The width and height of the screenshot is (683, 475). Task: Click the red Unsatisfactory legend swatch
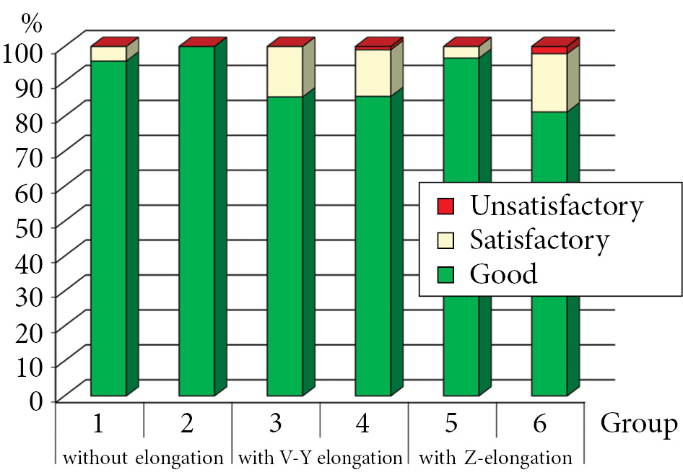coord(445,206)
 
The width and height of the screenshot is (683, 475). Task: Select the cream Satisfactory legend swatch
coord(445,240)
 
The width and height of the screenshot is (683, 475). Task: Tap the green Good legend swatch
coord(445,274)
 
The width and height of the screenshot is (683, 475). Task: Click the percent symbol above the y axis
coord(32,22)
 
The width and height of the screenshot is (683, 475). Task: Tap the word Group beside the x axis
coord(639,424)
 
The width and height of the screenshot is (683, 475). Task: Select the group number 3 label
coord(274,424)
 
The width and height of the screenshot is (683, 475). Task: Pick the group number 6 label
coord(539,424)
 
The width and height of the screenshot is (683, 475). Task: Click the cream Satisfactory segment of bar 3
coord(285,71)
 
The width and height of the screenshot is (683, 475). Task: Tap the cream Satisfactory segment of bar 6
coord(549,82)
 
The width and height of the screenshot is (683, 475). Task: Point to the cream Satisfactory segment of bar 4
coord(373,73)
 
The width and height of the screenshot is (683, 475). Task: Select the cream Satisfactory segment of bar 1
coord(109,53)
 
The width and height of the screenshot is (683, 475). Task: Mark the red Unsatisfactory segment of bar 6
coord(549,50)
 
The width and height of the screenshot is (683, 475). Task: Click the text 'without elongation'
coord(142,458)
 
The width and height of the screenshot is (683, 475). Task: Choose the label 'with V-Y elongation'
coord(320,458)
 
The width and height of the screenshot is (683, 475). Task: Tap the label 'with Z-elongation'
coord(496,458)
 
